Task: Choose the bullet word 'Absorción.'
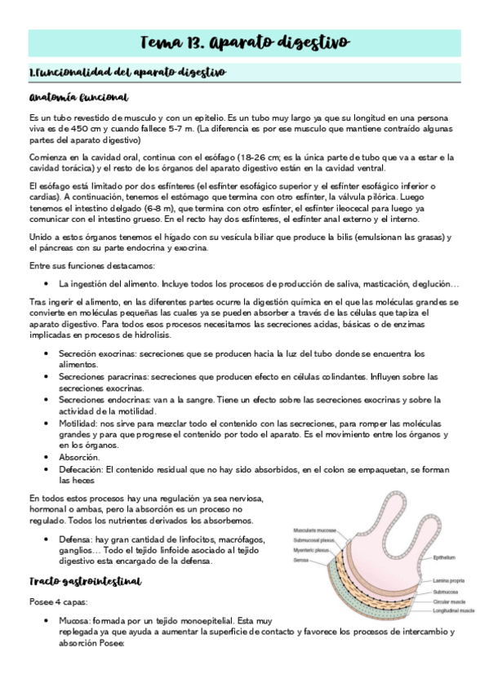(x=78, y=458)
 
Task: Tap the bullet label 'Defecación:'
(x=81, y=470)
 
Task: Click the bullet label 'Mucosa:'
(x=76, y=620)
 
